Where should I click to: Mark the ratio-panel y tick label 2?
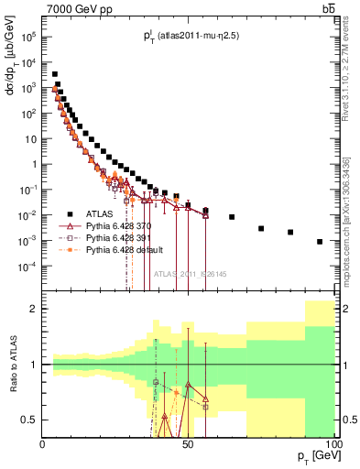click(x=34, y=309)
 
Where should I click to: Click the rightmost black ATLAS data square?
click(x=320, y=242)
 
